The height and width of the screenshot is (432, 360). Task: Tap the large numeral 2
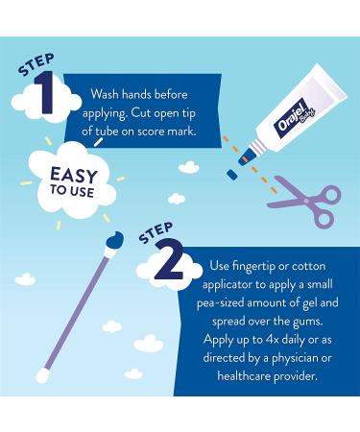169,261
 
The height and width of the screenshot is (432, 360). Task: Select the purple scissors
304,203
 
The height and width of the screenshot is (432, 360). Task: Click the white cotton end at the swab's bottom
42,375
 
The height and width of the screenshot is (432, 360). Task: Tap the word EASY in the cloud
73,176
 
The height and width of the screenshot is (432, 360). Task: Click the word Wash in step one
105,94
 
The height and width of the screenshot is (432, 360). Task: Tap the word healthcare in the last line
244,375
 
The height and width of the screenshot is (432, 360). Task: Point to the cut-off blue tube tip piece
231,175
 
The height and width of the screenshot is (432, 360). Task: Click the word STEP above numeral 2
156,232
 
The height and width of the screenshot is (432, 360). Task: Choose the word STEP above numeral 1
36,64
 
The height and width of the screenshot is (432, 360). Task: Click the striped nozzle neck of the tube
258,148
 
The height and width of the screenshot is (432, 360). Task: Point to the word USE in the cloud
82,192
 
